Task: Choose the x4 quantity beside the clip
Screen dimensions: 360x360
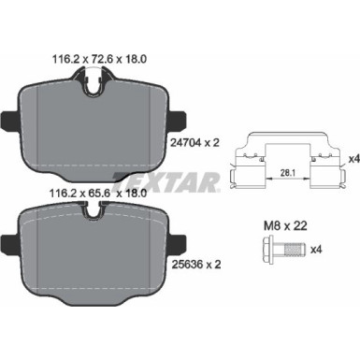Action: pos(341,160)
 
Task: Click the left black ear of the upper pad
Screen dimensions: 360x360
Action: pos(7,122)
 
